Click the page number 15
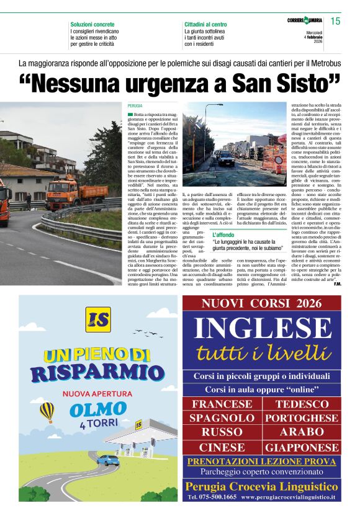click(335, 22)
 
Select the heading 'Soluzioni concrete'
click(92, 24)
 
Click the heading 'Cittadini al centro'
click(205, 24)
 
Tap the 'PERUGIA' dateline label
click(135, 107)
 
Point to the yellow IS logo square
click(99, 320)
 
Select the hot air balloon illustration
click(47, 411)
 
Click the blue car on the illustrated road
click(108, 461)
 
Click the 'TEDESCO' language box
click(302, 404)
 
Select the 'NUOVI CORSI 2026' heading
click(262, 304)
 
